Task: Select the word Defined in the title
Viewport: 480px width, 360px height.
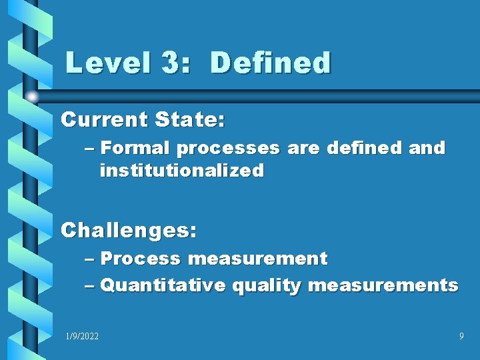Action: (x=270, y=63)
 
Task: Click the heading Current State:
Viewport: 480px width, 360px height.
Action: (x=143, y=120)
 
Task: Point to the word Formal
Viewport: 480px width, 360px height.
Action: (x=135, y=147)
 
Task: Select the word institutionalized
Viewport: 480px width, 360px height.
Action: (x=181, y=171)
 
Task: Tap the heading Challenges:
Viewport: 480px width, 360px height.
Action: (x=129, y=231)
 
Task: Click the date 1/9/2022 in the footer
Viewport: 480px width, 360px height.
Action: (x=82, y=337)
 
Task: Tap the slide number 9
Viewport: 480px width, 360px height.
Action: (x=461, y=337)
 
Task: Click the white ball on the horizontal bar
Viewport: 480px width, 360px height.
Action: (x=32, y=96)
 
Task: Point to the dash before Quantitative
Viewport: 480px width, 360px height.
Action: (x=90, y=286)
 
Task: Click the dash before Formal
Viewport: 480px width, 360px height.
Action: (x=90, y=148)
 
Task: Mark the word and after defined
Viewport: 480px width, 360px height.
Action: (x=427, y=147)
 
